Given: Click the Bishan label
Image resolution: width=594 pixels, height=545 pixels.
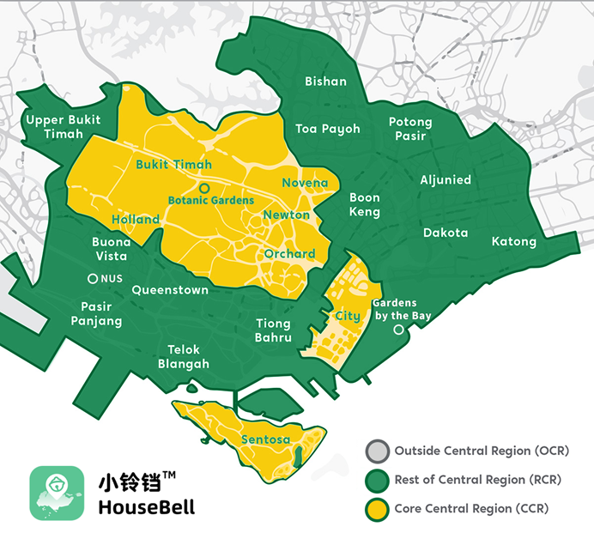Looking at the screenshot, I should click(x=326, y=82).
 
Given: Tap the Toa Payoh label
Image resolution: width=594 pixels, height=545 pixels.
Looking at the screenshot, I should click(x=328, y=129).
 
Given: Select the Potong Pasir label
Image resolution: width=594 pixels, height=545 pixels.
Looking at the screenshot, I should click(x=410, y=129).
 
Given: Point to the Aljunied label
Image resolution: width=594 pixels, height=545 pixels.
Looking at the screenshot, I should click(x=445, y=179).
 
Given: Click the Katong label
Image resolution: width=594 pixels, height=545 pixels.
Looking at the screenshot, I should click(x=514, y=241).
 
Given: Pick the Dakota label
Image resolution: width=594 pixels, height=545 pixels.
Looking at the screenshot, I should click(x=445, y=233).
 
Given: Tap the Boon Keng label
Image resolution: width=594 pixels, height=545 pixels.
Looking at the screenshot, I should click(x=365, y=205).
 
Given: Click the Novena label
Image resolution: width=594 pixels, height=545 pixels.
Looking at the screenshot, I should click(x=305, y=183).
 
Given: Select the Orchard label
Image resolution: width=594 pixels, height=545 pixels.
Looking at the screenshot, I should click(x=289, y=254).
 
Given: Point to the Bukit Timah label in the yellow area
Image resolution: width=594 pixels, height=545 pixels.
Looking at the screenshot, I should click(x=173, y=164).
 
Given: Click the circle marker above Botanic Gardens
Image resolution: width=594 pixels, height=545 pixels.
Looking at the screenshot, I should click(x=204, y=187).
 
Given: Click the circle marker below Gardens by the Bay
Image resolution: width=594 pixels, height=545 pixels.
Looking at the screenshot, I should click(x=397, y=330).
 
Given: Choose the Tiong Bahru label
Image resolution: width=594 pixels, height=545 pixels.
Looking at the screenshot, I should click(x=274, y=330).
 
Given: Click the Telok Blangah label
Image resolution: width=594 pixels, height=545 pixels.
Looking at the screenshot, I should click(x=184, y=357).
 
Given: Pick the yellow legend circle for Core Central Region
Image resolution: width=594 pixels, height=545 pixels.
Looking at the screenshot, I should click(x=376, y=509).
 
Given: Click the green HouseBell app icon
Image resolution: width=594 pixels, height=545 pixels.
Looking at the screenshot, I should click(x=57, y=493).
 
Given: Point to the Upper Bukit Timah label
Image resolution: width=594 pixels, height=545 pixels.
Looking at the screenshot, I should click(x=63, y=127).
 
